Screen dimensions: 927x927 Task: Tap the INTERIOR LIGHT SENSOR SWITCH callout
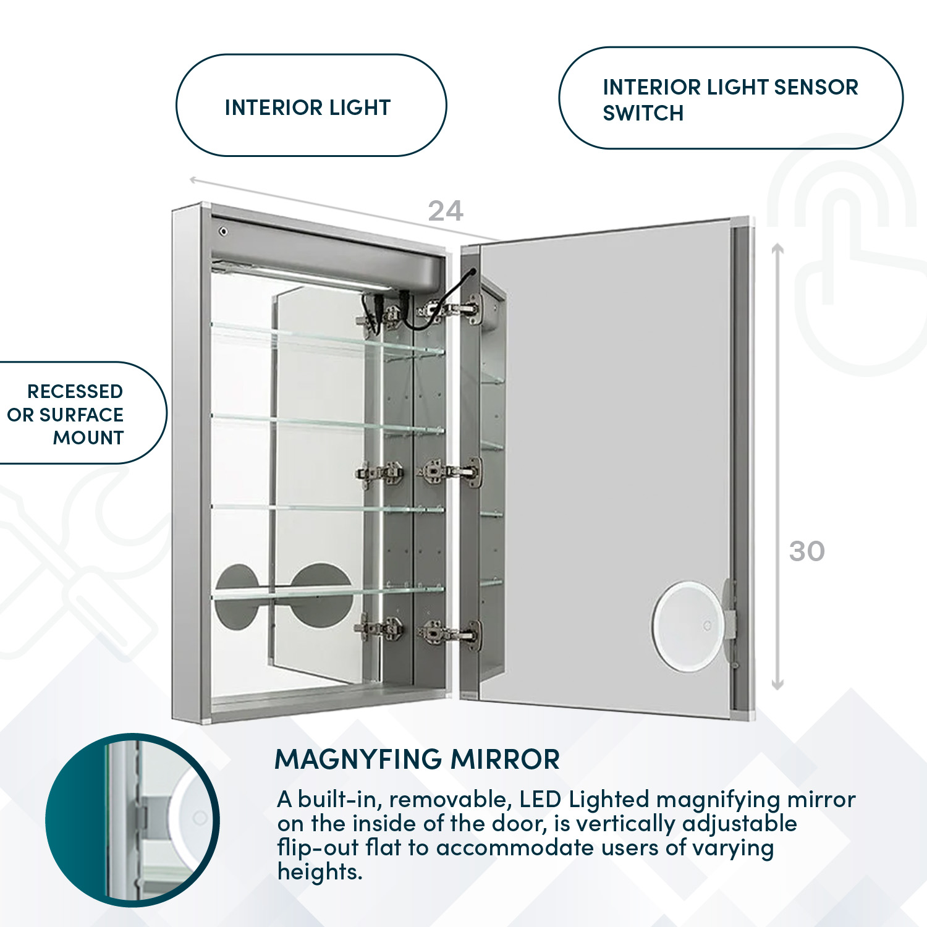[x=730, y=99]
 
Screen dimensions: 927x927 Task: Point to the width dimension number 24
[x=445, y=211]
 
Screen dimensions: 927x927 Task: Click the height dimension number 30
[x=806, y=551]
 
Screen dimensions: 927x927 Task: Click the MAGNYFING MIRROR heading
[x=417, y=759]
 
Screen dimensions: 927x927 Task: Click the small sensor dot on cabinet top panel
[x=223, y=232]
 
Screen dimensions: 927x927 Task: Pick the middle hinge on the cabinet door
[x=451, y=473]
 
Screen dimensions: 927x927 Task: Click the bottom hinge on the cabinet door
[x=451, y=633]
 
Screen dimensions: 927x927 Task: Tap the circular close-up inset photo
[x=132, y=819]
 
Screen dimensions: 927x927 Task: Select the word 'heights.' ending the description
[x=320, y=871]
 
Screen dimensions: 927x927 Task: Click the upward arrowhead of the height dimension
[x=778, y=248]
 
